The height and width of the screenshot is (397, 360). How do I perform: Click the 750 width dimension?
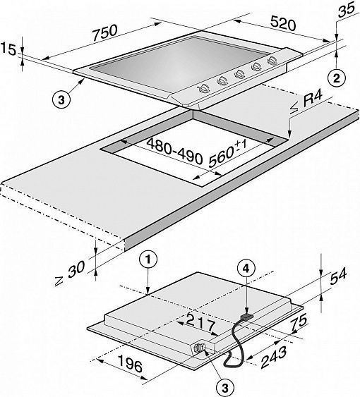pos(104,32)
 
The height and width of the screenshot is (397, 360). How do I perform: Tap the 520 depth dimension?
pos(283,23)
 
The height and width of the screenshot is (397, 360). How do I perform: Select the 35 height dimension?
pos(347,11)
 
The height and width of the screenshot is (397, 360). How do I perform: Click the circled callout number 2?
pos(336,78)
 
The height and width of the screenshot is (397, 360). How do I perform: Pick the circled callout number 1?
pos(148,259)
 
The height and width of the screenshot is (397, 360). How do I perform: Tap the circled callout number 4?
pos(246,269)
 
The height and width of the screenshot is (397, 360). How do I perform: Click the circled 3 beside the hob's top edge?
pos(61,99)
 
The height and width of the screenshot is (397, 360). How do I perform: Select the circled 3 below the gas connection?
pos(225,387)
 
